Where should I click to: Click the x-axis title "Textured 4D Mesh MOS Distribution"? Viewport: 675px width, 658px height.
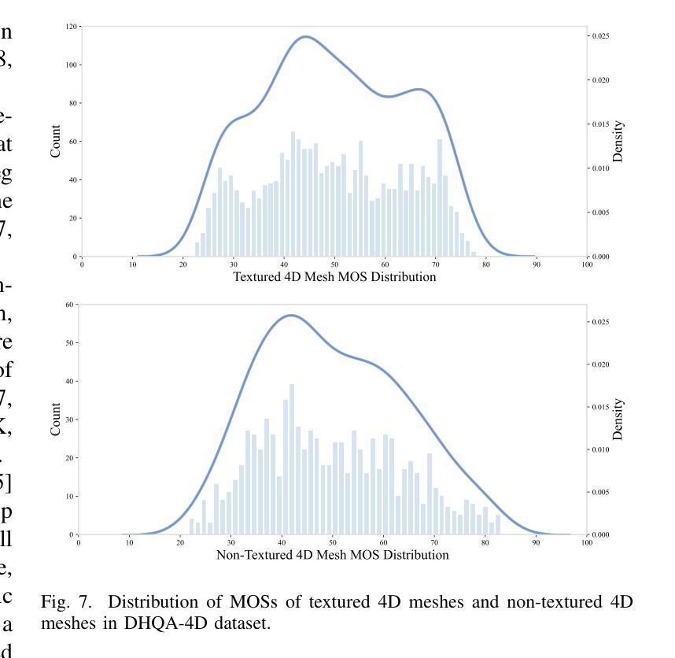pyautogui.click(x=334, y=277)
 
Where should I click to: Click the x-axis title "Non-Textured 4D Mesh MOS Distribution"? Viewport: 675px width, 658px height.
pyautogui.click(x=332, y=555)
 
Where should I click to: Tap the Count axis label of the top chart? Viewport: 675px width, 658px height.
pyautogui.click(x=56, y=141)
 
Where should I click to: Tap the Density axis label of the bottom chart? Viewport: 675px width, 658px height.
pyautogui.click(x=618, y=419)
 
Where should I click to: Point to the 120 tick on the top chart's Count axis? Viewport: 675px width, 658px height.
pyautogui.click(x=72, y=27)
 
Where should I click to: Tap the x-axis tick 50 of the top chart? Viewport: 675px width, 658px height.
pyautogui.click(x=334, y=264)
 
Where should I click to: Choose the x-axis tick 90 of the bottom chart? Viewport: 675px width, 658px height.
pyautogui.click(x=535, y=542)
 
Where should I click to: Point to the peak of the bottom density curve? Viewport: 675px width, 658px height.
pyautogui.click(x=291, y=315)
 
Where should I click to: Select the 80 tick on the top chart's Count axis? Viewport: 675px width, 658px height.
pyautogui.click(x=74, y=103)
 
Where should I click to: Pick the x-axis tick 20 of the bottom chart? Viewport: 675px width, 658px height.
pyautogui.click(x=180, y=542)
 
